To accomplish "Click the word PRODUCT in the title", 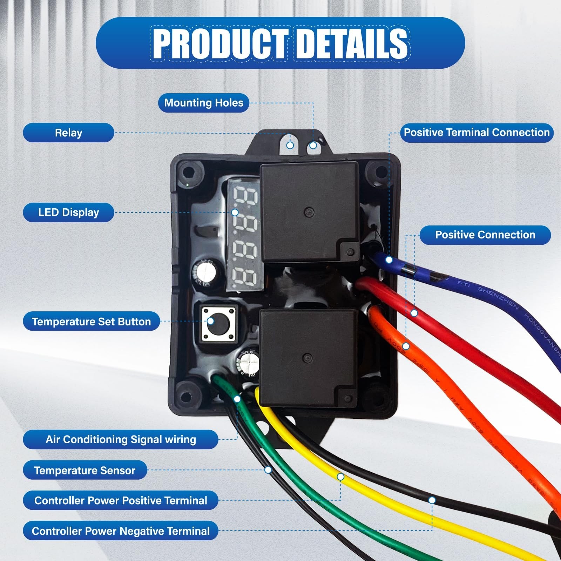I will [220, 43].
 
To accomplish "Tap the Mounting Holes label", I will [204, 103].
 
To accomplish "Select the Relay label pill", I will [69, 133].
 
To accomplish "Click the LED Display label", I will [69, 212].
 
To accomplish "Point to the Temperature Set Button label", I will [91, 322].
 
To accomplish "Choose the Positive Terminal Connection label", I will [476, 133].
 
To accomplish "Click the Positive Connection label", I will [485, 235].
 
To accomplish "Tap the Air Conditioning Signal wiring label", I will [121, 439].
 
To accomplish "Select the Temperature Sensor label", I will [85, 470].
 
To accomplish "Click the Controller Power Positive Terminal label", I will [121, 500].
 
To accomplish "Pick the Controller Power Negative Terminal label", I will [121, 531].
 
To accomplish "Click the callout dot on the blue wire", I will [389, 260].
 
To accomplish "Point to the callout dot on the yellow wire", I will [340, 477].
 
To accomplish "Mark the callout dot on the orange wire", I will [406, 346].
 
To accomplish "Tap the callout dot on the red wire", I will [414, 313].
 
